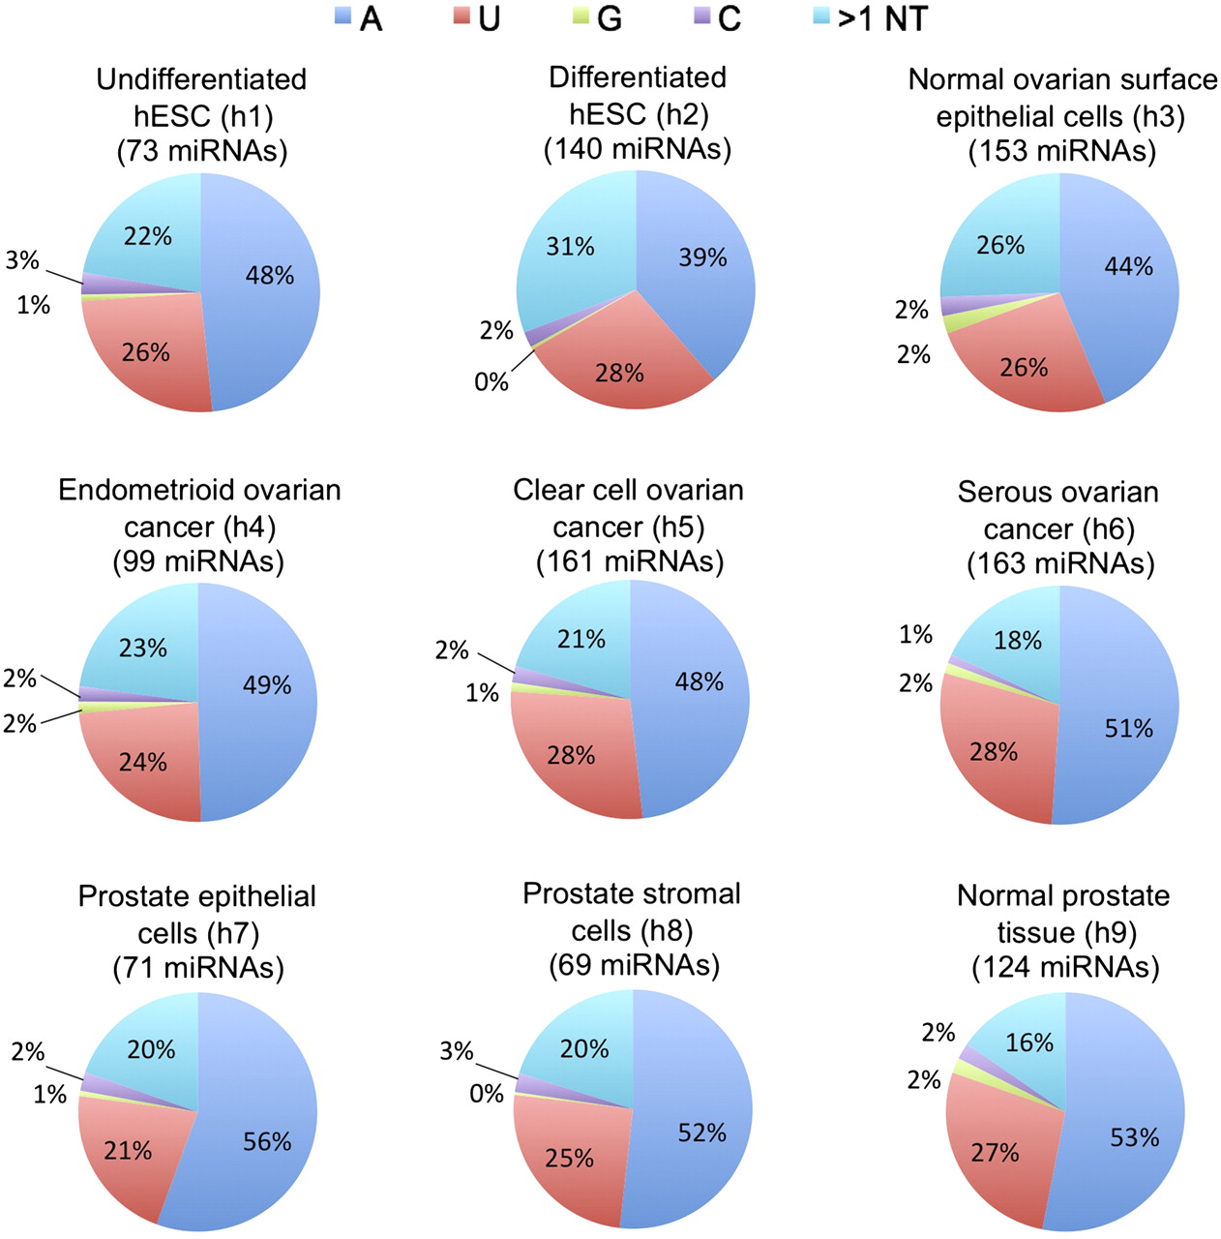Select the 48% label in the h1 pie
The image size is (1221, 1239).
(x=270, y=276)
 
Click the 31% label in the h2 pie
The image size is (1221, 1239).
(x=570, y=247)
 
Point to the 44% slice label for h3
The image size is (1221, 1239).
(x=1128, y=266)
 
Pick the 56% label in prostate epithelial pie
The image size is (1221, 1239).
(x=267, y=1142)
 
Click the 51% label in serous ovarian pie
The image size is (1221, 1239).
(x=1128, y=728)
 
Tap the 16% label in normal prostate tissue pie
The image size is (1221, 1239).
(x=1028, y=1043)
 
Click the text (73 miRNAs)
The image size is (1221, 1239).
(x=201, y=151)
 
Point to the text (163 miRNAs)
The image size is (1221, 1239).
(x=1060, y=563)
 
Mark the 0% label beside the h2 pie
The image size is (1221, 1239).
(x=491, y=382)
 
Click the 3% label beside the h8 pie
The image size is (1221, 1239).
(x=456, y=1051)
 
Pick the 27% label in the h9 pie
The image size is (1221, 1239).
(x=995, y=1153)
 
